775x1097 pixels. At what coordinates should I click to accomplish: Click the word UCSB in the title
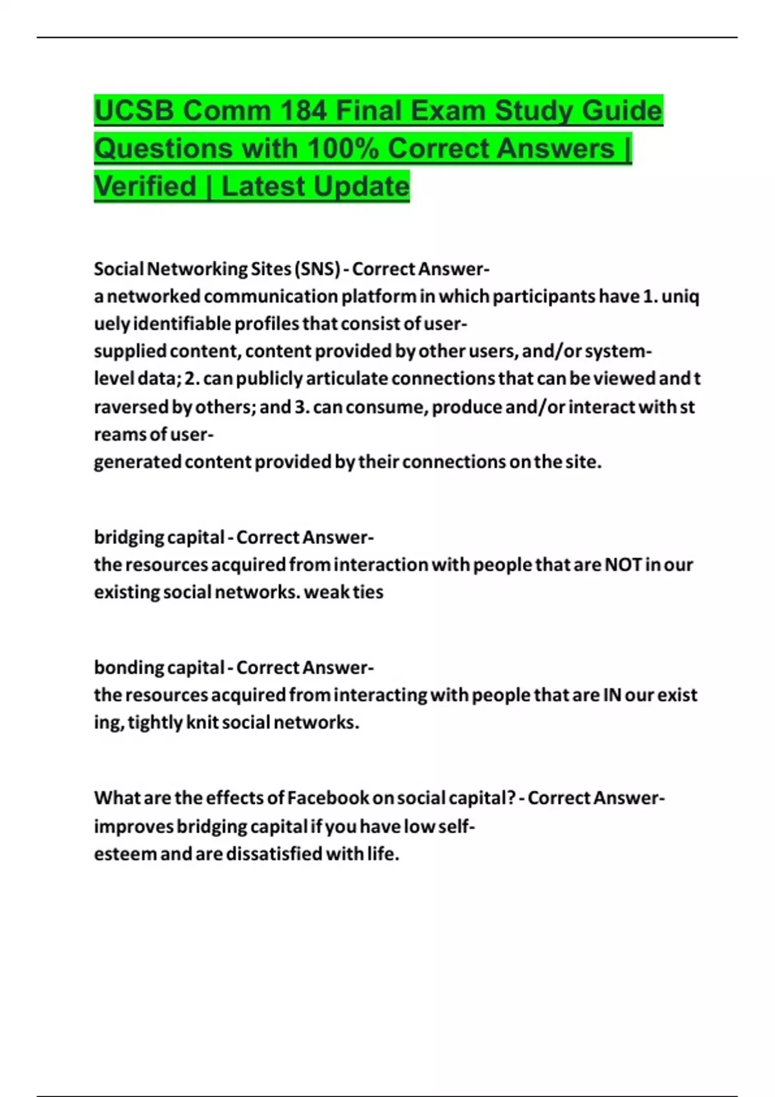[x=134, y=110]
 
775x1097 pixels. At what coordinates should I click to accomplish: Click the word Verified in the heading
[x=145, y=186]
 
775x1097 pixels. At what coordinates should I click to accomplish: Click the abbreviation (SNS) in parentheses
[x=316, y=268]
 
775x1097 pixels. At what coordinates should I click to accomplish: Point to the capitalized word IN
[x=612, y=695]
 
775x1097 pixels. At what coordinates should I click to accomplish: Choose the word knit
[x=201, y=722]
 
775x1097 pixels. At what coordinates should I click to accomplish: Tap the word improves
[x=134, y=827]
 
